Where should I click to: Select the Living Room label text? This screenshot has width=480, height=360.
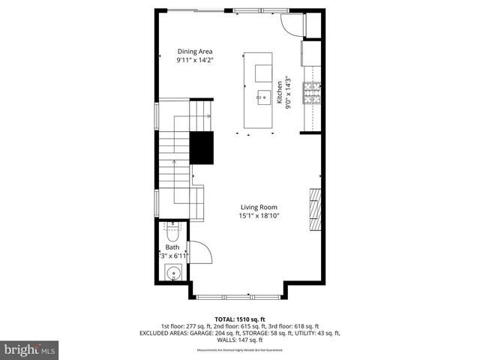tap(259, 208)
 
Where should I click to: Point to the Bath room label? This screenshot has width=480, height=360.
tap(172, 247)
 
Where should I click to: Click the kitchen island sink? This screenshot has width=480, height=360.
tap(263, 96)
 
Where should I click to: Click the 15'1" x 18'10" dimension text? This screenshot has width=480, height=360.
tap(259, 216)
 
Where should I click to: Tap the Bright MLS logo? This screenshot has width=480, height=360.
tap(30, 349)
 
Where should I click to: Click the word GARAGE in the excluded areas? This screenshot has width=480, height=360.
tap(209, 333)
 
